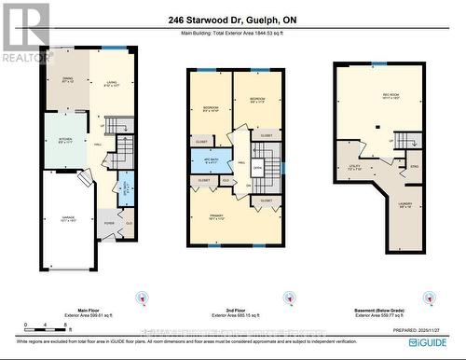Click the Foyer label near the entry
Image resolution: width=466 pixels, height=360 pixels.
pos(109,224)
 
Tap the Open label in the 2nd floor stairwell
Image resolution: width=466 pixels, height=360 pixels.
pos(257,169)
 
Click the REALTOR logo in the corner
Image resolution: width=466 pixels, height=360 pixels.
pos(25,33)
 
